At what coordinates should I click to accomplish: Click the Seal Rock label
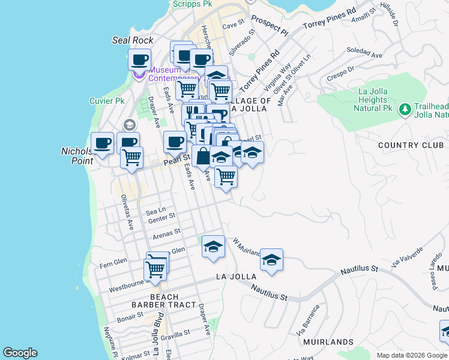133,40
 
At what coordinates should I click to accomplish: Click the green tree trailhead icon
405,109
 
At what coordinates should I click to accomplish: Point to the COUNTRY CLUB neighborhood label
411,145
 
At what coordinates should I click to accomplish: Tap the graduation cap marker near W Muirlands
271,260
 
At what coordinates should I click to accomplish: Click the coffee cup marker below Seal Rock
139,60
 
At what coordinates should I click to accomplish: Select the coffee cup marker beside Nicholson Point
103,143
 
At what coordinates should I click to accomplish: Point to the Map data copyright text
411,355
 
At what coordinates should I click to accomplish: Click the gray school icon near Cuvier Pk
128,125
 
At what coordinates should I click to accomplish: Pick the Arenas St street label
166,233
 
